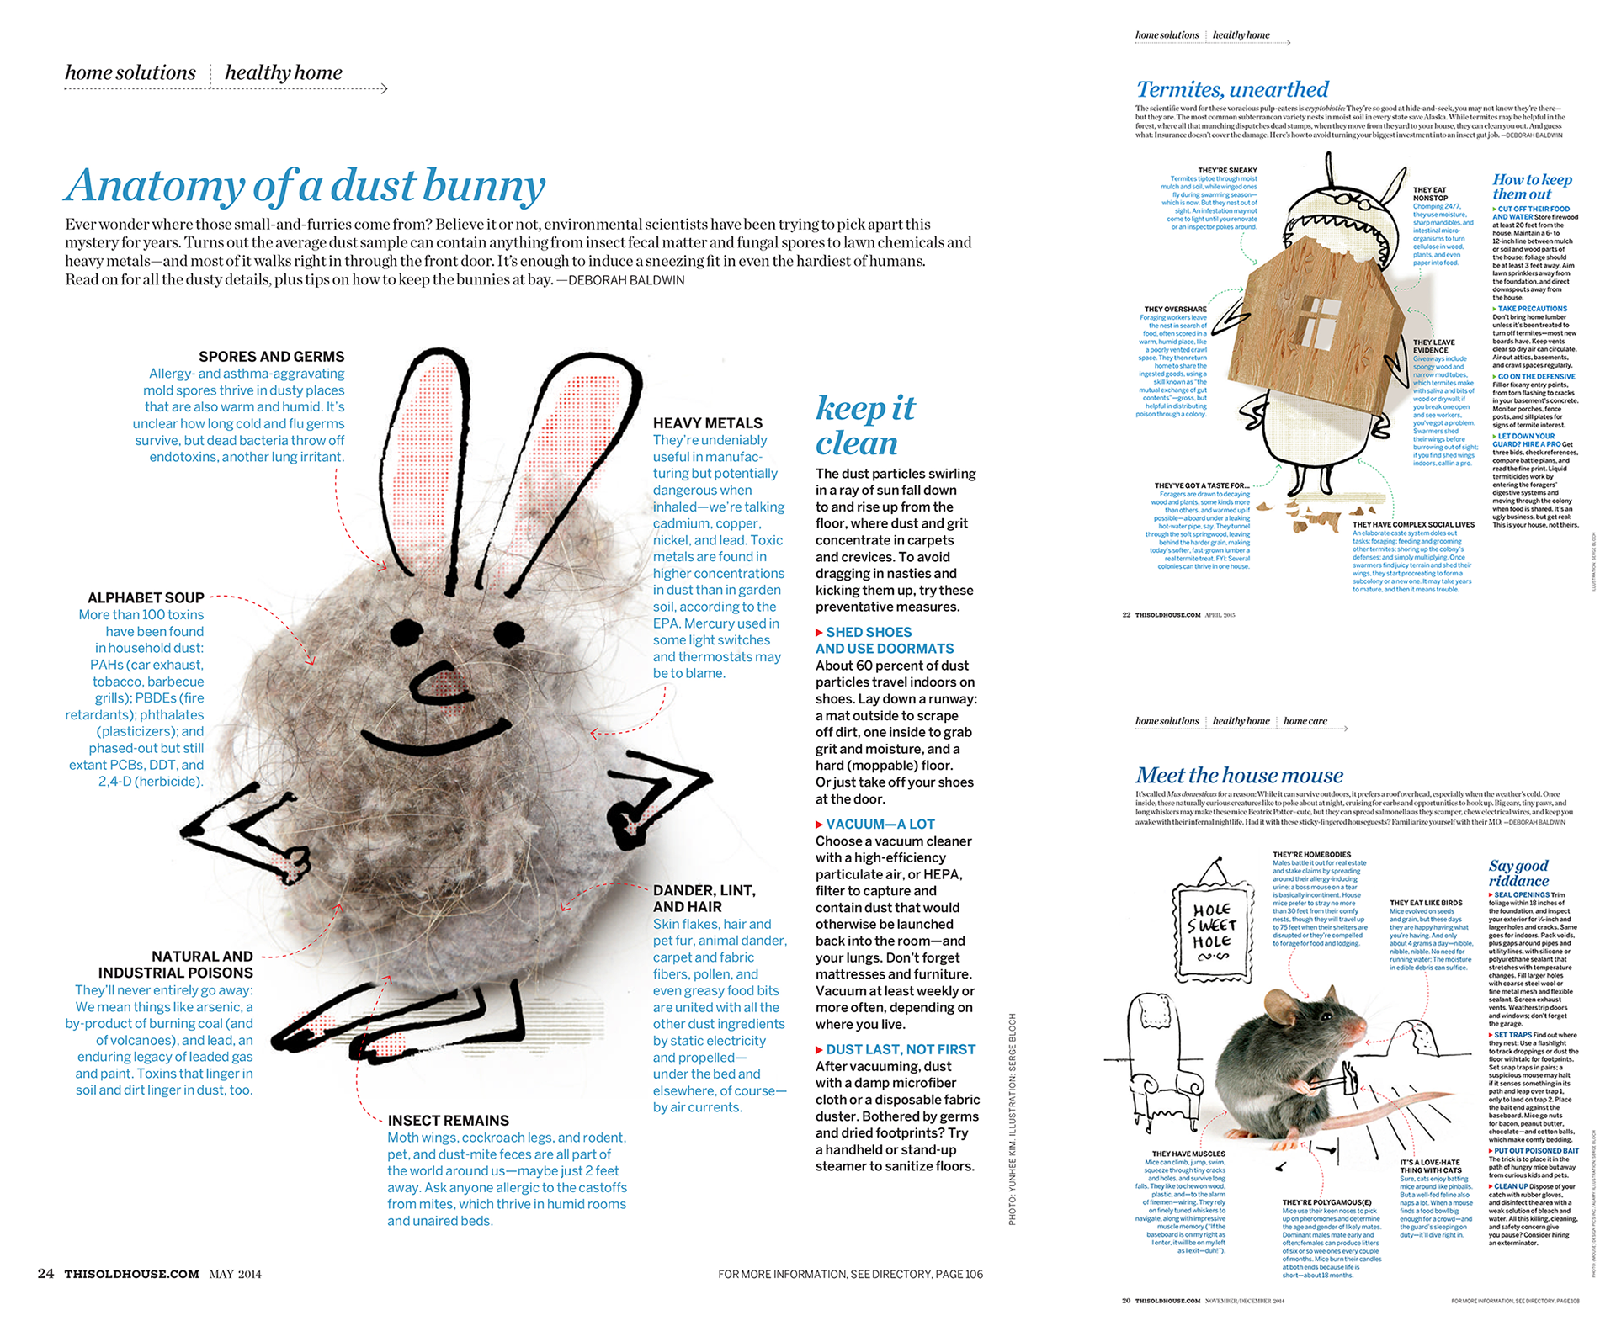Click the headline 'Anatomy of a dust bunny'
305,186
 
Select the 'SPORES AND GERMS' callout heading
271,357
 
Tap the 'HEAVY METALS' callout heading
707,423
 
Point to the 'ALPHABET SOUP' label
146,597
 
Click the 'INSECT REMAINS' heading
448,1121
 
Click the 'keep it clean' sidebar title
864,426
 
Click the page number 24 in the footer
45,1274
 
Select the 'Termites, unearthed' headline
1232,90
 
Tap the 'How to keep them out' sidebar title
1531,186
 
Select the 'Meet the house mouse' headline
1239,775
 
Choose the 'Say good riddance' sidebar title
1518,873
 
